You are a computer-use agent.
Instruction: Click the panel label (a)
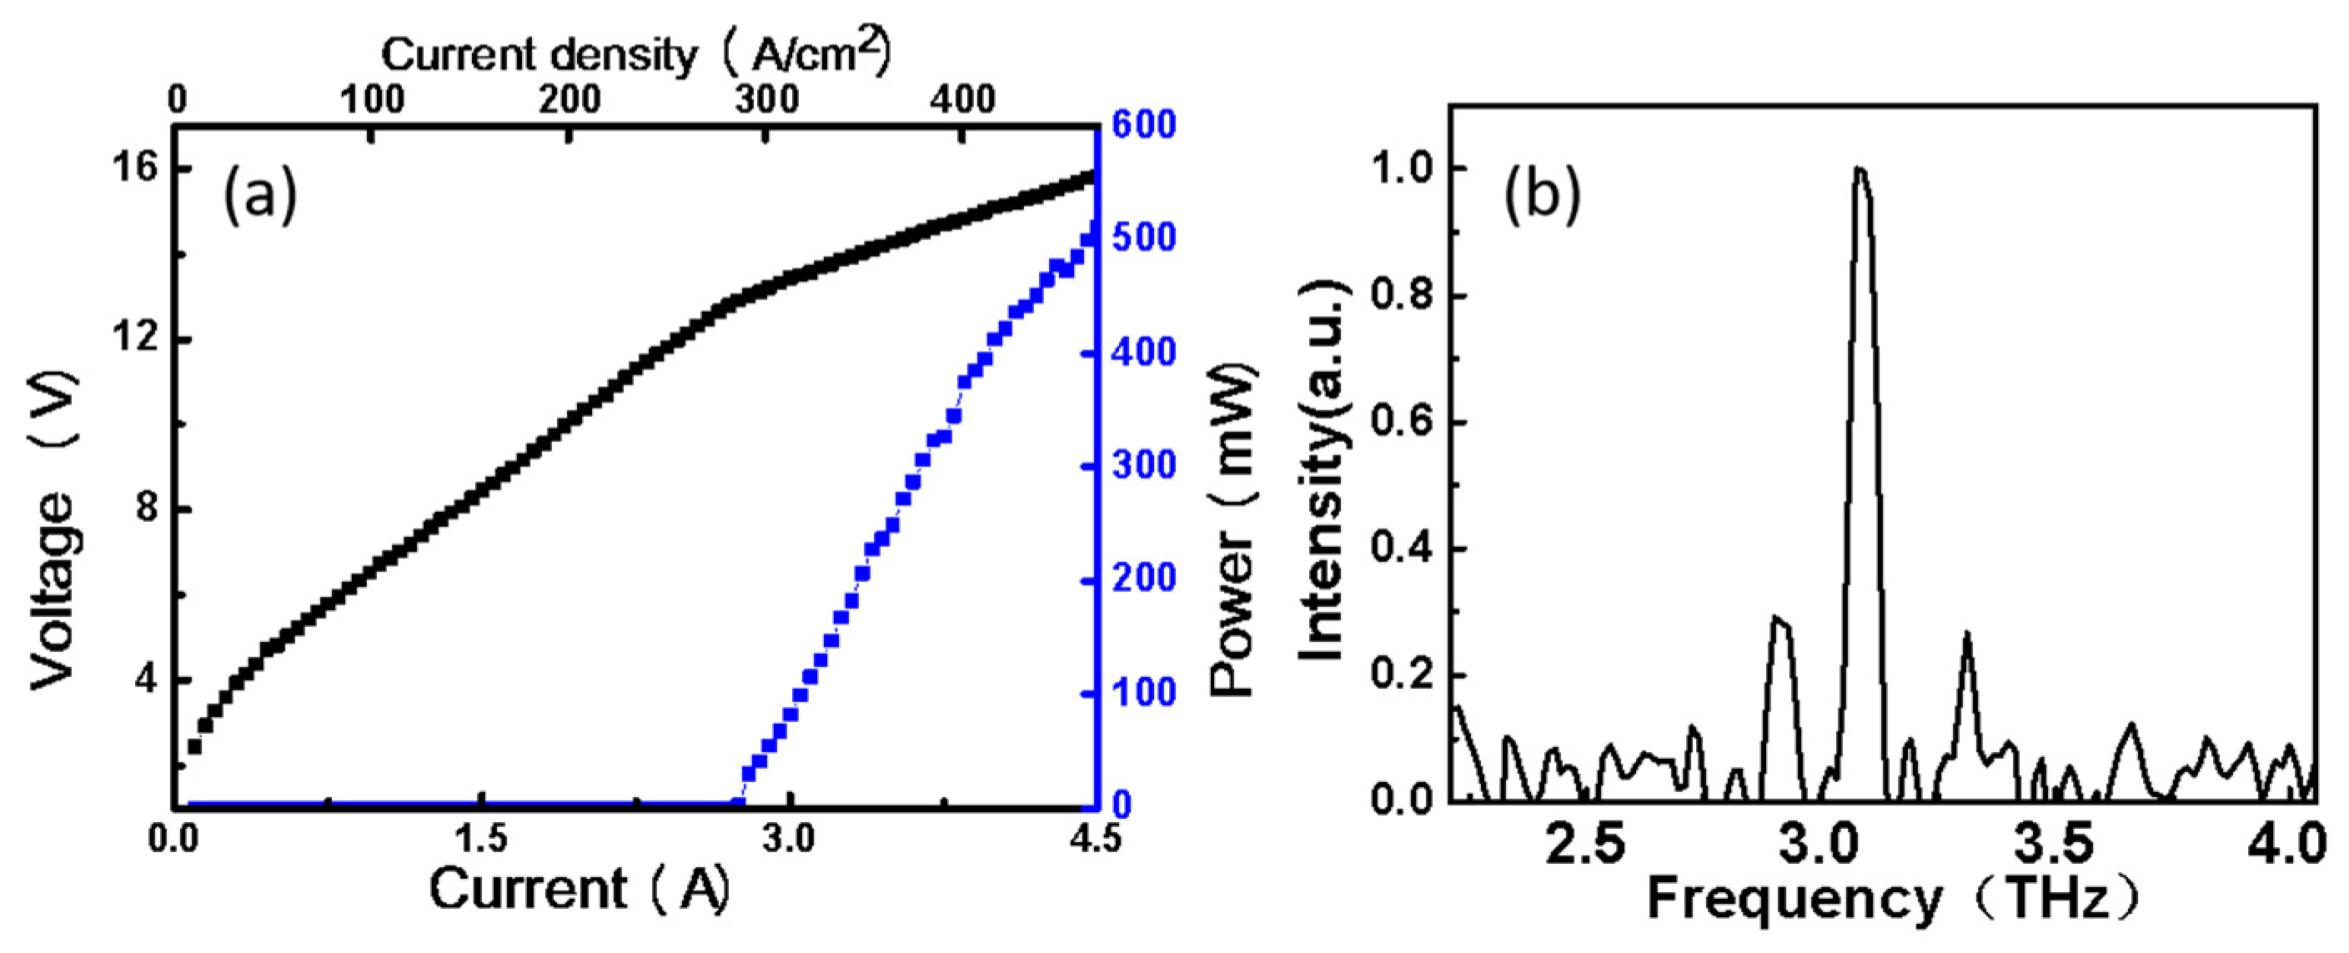(260, 195)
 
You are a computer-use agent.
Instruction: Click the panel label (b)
(1541, 195)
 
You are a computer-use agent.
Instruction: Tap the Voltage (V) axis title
(52, 529)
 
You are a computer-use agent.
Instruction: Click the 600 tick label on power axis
(1143, 125)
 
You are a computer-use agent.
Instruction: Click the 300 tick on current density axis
(766, 99)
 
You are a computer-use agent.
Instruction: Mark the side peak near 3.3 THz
(1968, 634)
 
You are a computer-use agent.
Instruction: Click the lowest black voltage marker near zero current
(194, 746)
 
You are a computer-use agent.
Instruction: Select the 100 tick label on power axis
(1143, 692)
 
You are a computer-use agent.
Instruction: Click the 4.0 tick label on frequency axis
(2294, 845)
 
